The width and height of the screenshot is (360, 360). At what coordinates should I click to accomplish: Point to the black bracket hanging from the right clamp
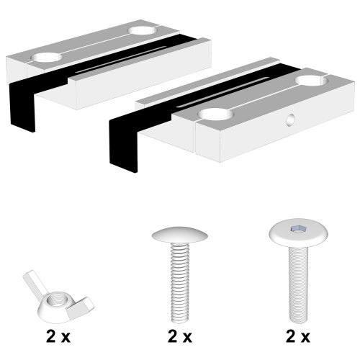tap(124, 144)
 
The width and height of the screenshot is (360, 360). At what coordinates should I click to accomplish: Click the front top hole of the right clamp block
tap(214, 114)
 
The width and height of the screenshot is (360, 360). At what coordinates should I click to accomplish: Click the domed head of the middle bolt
tap(179, 236)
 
